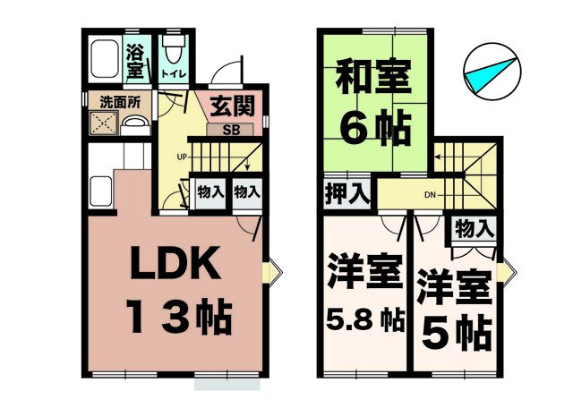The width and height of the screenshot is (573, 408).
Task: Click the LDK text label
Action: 176,266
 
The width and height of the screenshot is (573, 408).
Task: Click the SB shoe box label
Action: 229,129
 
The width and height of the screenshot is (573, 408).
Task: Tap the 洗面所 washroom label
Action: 118,102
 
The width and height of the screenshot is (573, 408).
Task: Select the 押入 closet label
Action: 346,193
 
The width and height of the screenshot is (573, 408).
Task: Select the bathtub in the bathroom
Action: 107,59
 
